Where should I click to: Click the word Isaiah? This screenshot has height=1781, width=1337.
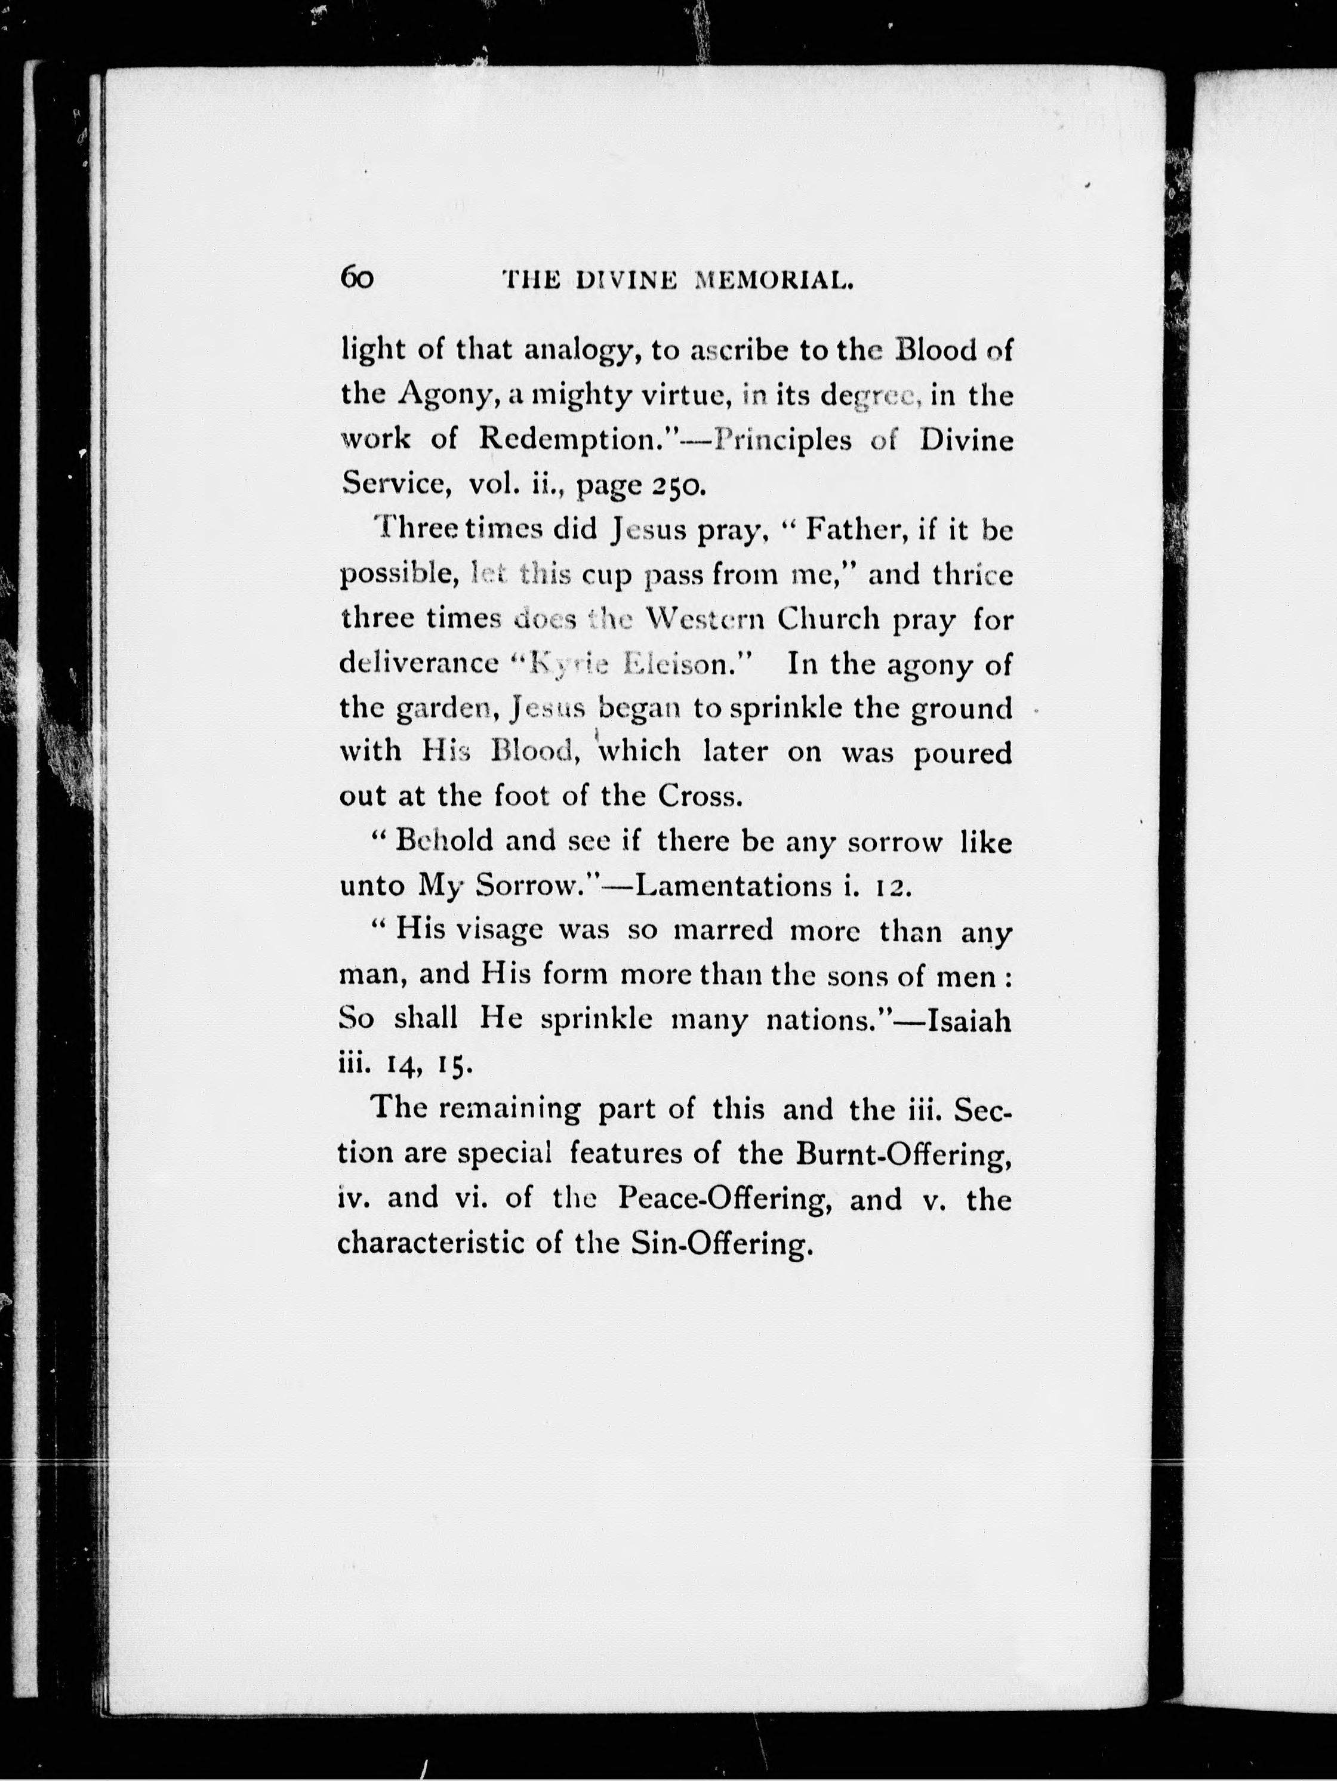[969, 1021]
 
